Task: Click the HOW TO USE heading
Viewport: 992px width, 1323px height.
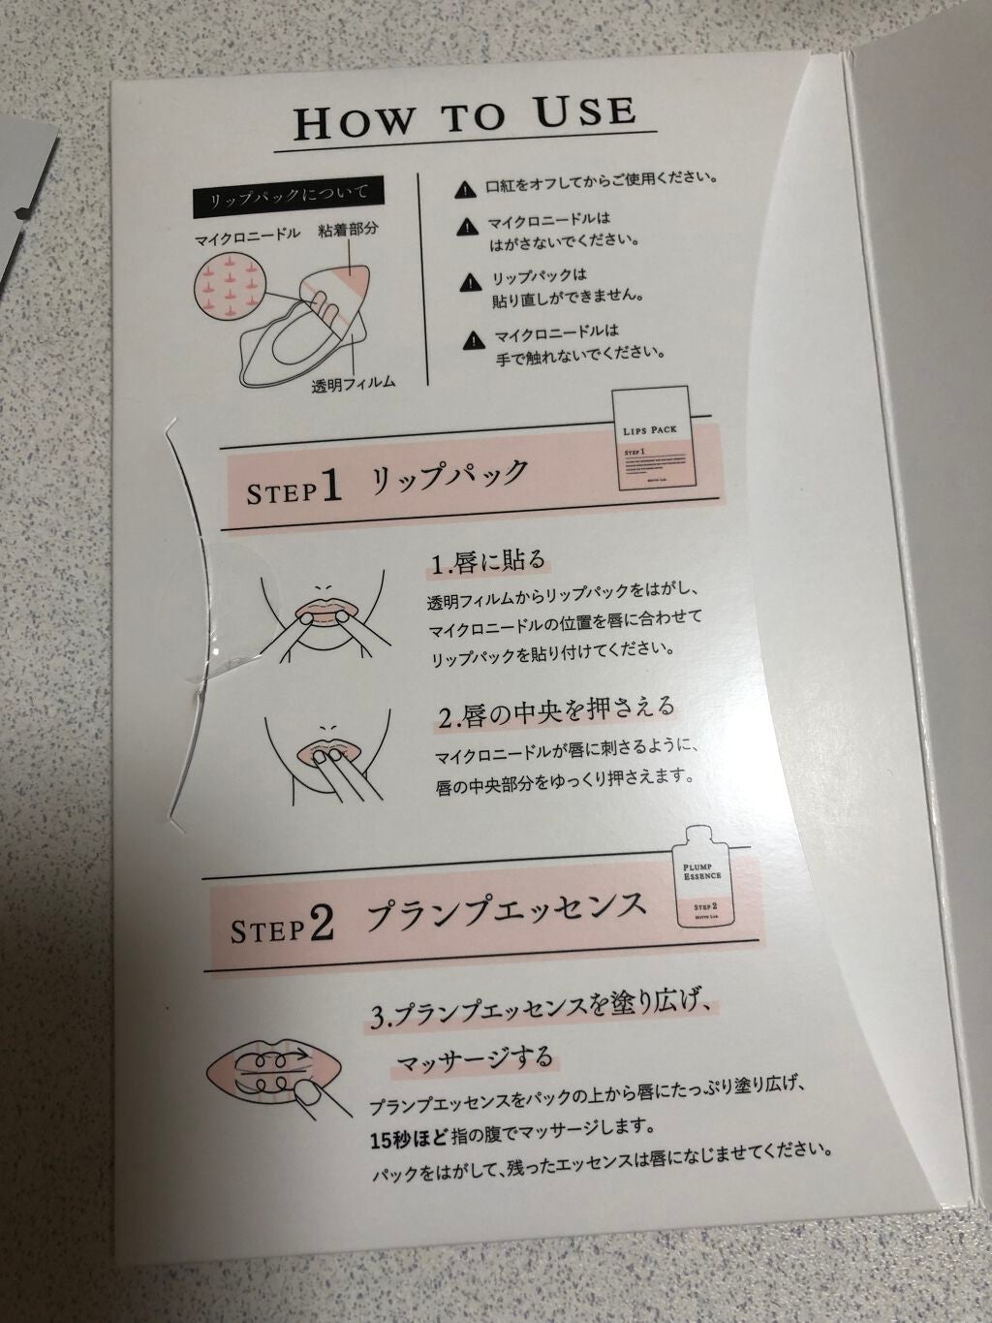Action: click(x=466, y=116)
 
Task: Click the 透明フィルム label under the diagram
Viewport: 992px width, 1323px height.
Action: click(x=353, y=383)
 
